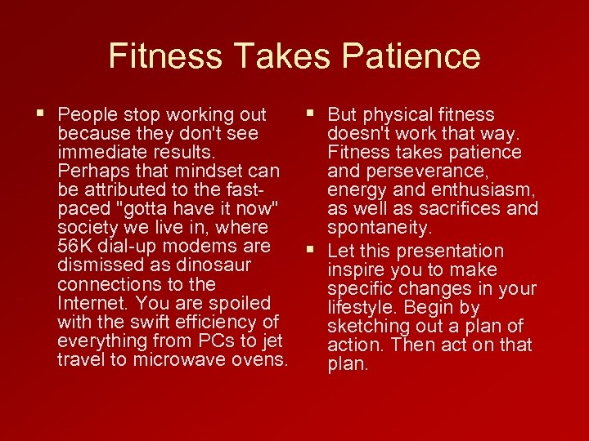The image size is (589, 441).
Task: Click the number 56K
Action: coord(77,247)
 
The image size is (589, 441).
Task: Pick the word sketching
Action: coord(366,327)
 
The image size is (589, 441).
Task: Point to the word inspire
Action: coord(356,270)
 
